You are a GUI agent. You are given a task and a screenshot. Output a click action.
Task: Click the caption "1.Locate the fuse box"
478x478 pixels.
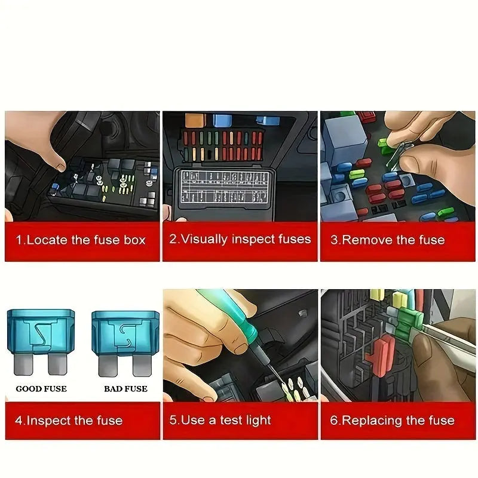81,240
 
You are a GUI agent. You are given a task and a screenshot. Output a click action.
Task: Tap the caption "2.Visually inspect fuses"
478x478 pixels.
240,240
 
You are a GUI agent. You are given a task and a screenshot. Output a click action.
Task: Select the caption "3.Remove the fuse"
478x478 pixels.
388,240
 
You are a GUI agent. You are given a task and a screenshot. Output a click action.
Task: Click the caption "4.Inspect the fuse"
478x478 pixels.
69,420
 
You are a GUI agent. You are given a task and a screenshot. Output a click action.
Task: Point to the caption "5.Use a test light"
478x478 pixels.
220,420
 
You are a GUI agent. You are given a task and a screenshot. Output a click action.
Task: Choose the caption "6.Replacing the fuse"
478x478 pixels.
392,420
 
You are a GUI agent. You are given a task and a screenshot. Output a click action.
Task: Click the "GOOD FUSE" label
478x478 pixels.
41,389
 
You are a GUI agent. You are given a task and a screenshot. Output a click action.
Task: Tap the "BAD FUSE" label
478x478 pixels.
125,389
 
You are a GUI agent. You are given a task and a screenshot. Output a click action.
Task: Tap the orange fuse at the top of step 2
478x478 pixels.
195,120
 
